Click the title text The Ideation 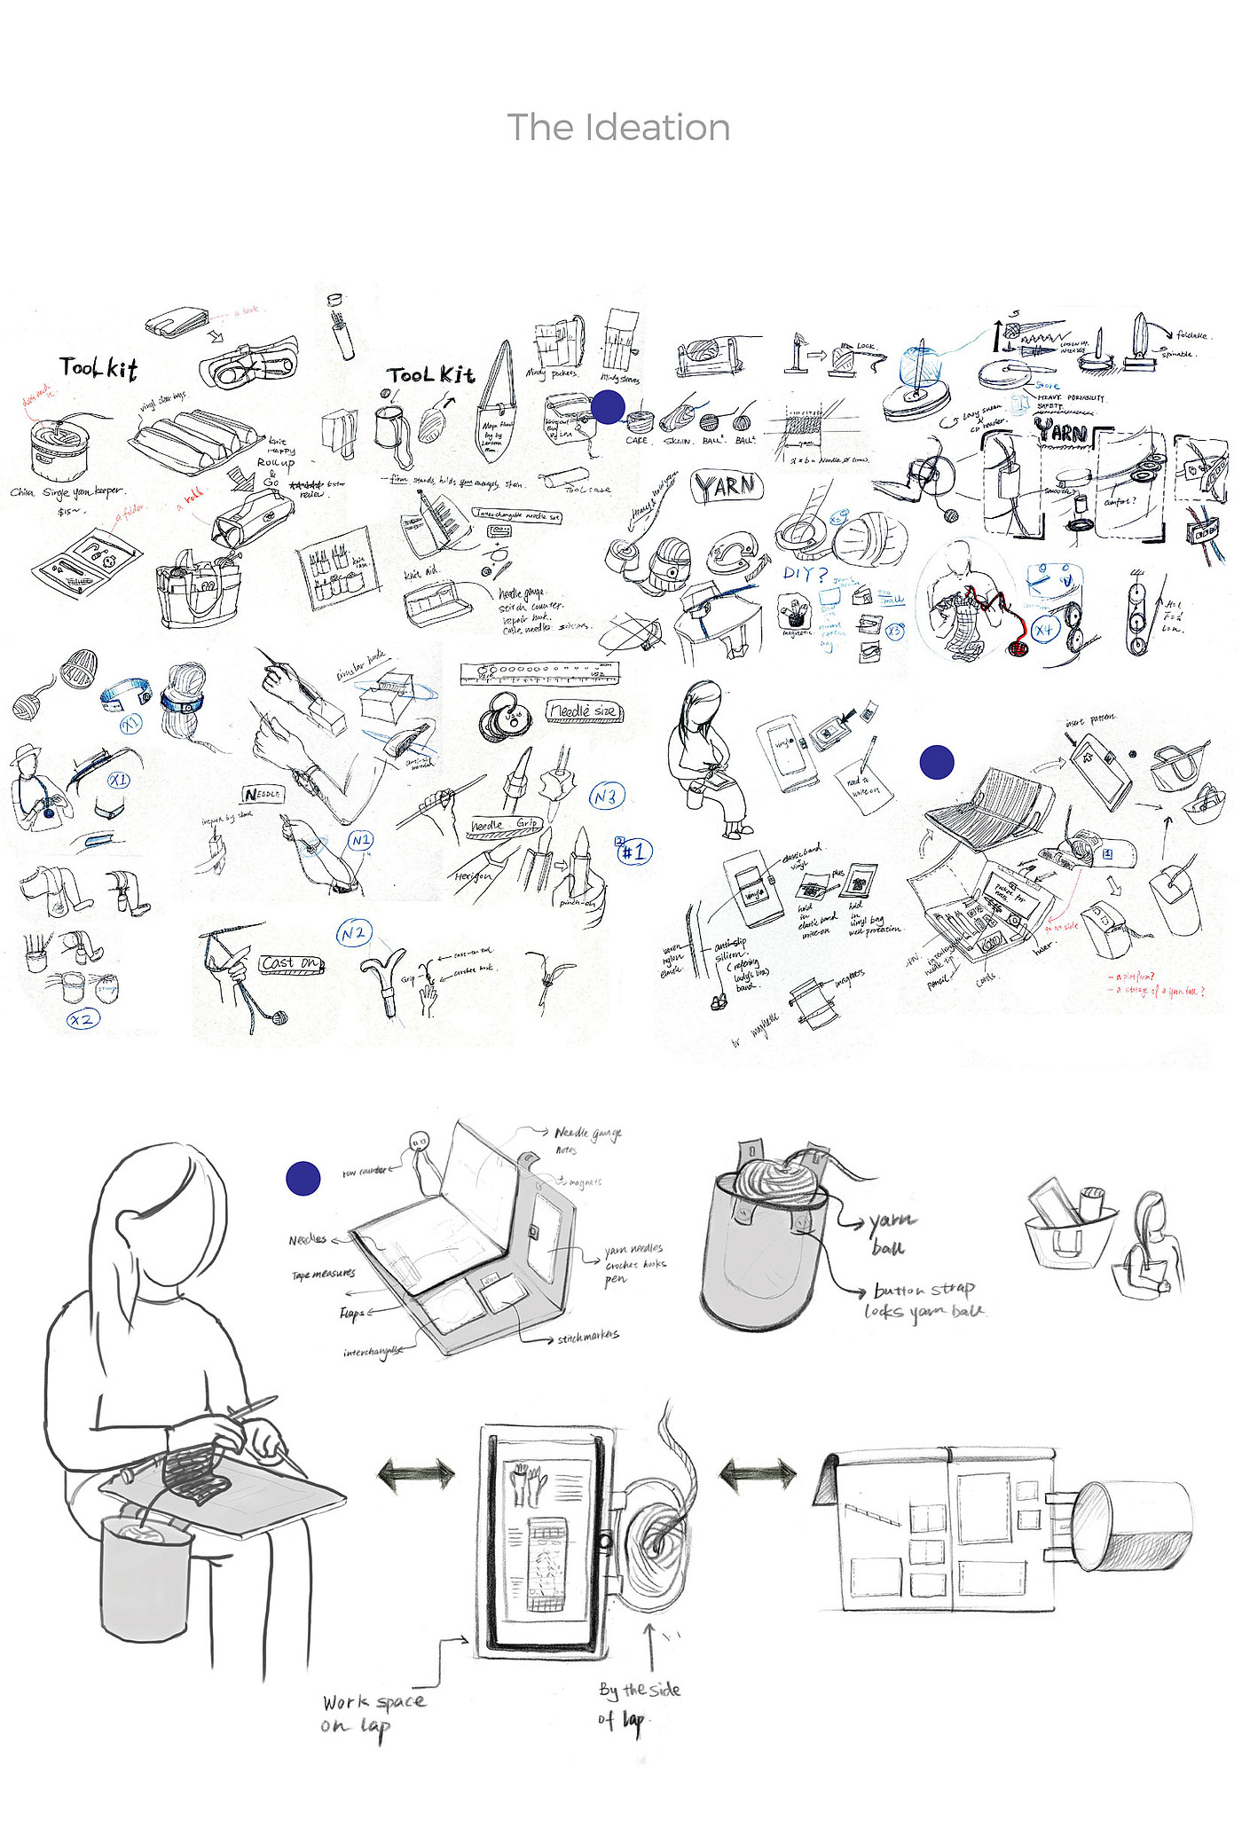point(618,128)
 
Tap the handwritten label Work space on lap point(373,1713)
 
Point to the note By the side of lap point(639,1704)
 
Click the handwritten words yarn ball point(891,1233)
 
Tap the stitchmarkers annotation point(587,1336)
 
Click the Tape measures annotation point(323,1274)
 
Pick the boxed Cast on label point(291,963)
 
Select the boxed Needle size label point(584,711)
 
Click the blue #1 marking point(634,852)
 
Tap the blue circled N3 point(607,797)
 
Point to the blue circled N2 point(354,932)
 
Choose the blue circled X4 point(1045,630)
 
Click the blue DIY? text point(804,574)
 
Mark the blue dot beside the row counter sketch point(303,1178)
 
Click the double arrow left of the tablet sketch point(416,1474)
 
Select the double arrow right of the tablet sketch point(758,1474)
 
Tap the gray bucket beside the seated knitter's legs point(145,1578)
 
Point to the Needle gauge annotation point(587,1133)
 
